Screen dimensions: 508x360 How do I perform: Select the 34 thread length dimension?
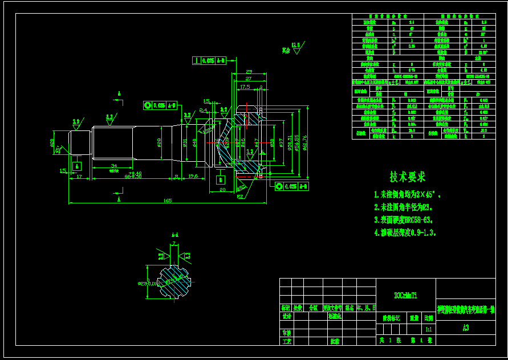tap(113, 166)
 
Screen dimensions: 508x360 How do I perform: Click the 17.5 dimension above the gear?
tap(245, 87)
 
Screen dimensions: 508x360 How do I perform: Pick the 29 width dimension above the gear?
tap(249, 72)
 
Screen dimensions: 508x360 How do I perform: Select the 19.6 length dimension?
tap(193, 177)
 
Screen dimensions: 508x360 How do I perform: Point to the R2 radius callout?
tap(241, 196)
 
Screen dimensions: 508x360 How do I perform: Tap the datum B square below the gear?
tap(221, 179)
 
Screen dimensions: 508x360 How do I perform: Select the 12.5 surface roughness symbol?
tap(295, 45)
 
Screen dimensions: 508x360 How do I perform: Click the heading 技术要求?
tap(407, 177)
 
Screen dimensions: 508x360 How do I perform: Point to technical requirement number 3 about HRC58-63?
tap(404, 219)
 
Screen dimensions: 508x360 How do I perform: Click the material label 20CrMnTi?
tap(406, 296)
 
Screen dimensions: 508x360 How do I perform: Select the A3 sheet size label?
tap(466, 328)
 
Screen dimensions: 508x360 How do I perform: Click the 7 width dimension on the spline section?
tap(174, 244)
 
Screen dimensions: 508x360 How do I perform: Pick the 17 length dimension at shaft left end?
tap(79, 177)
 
